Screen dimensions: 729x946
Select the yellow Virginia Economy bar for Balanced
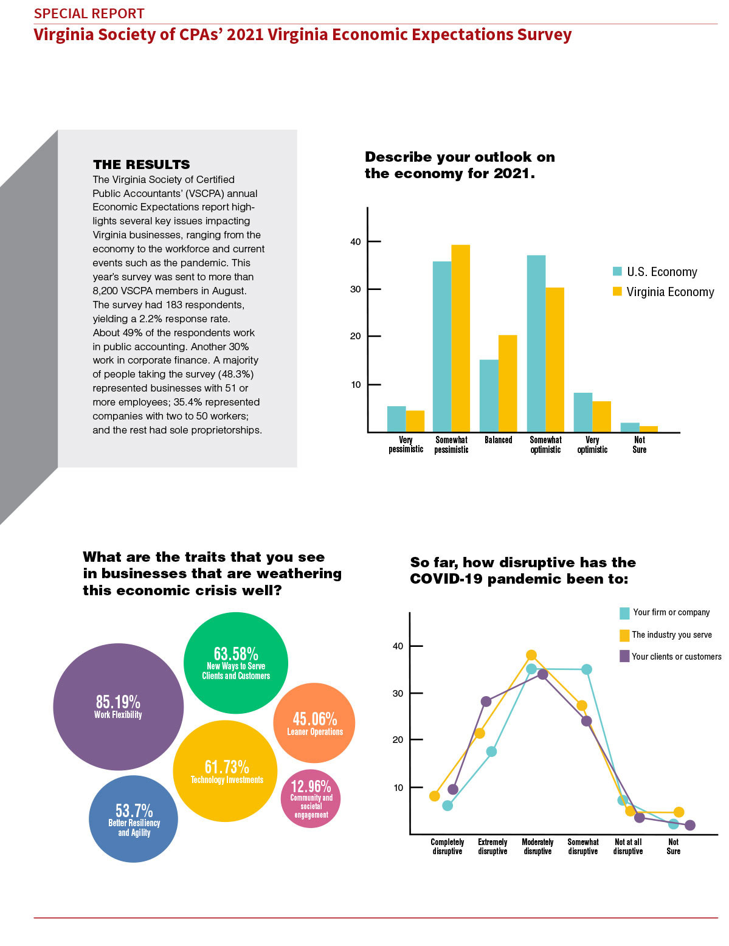coord(507,383)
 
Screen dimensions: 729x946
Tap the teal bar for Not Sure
coord(629,427)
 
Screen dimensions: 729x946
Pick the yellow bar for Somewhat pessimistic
coord(460,338)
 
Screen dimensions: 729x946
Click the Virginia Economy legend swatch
coord(617,291)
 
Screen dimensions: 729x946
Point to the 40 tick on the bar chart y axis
coord(375,241)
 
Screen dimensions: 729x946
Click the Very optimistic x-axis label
coord(592,444)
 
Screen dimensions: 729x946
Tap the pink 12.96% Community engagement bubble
coord(310,798)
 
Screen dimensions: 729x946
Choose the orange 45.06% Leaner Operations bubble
coord(314,723)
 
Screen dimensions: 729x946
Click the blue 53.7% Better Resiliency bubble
coord(133,818)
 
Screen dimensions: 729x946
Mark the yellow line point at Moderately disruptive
coord(531,655)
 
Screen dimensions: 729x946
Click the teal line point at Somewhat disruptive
coord(586,669)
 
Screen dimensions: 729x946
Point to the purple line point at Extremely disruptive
coord(486,702)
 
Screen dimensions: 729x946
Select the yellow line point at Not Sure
coord(679,812)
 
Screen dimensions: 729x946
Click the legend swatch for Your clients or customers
coord(624,656)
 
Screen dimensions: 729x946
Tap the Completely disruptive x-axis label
coord(447,846)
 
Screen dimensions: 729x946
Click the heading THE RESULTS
coord(142,165)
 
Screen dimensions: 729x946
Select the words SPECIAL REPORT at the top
coord(89,13)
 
